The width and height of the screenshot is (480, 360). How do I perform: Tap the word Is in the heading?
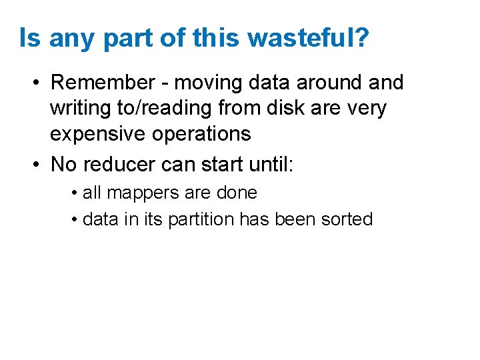[x=30, y=38]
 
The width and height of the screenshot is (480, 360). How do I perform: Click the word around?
[x=327, y=83]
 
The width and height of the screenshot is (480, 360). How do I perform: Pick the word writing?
[x=82, y=109]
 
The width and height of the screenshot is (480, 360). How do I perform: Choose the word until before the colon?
[x=267, y=163]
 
